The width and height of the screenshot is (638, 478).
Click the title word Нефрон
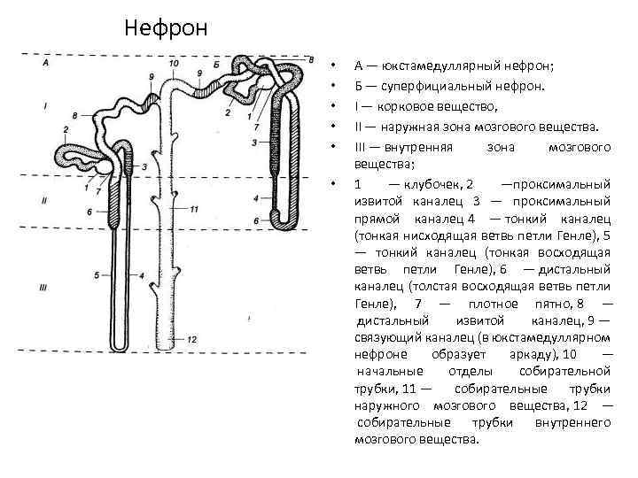(x=166, y=28)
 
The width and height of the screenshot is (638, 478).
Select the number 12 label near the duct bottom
(x=192, y=339)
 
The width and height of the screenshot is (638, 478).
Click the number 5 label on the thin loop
(x=95, y=276)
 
